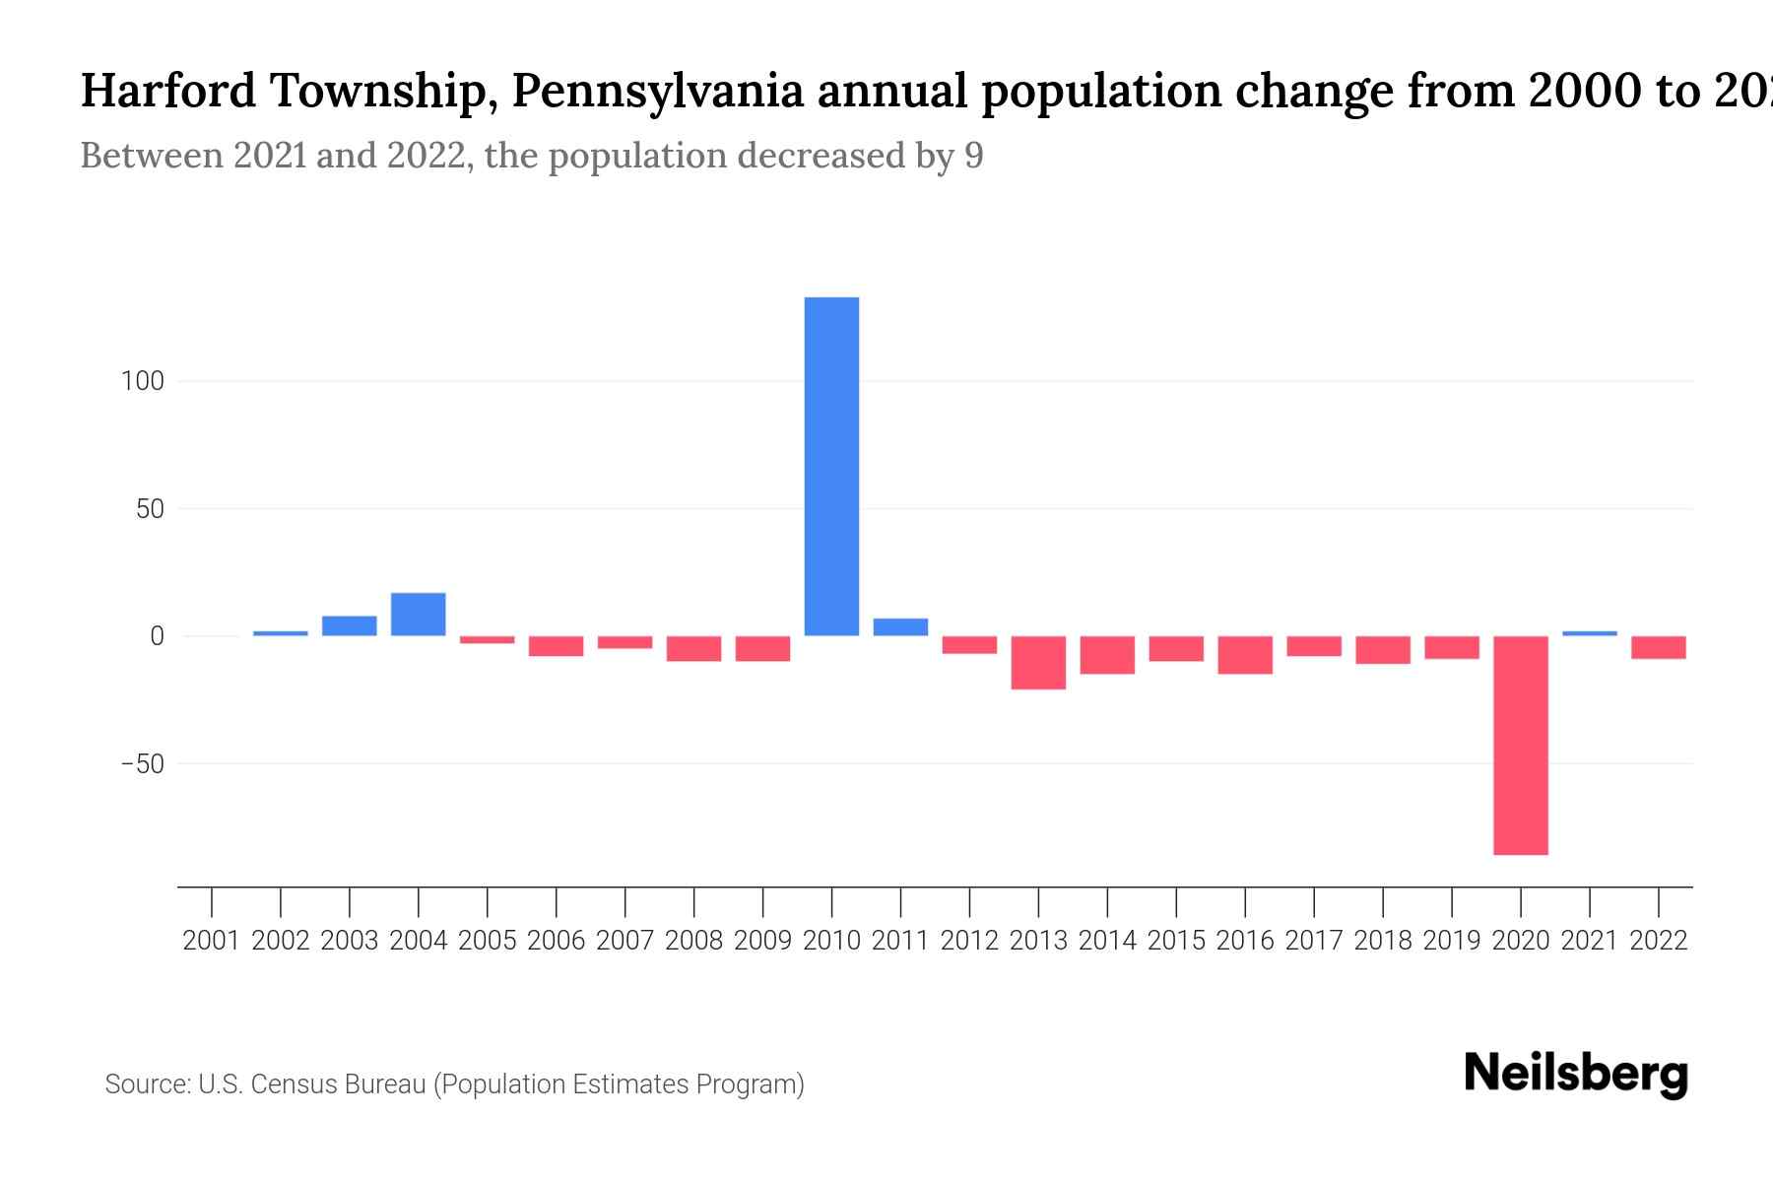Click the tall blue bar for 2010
[831, 466]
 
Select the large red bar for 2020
[1520, 745]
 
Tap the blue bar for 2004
[418, 614]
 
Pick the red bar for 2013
[1038, 662]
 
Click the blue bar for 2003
[349, 625]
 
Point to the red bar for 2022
[1658, 647]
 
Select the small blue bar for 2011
[900, 626]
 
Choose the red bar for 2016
[1245, 655]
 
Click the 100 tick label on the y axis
[142, 381]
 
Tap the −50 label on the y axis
[142, 764]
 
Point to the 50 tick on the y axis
[150, 509]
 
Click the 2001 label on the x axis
[212, 941]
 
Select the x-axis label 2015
[1176, 941]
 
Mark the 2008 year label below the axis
[693, 941]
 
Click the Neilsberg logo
[1576, 1074]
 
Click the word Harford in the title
[166, 92]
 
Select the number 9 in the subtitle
[973, 156]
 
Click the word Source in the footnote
[147, 1084]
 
